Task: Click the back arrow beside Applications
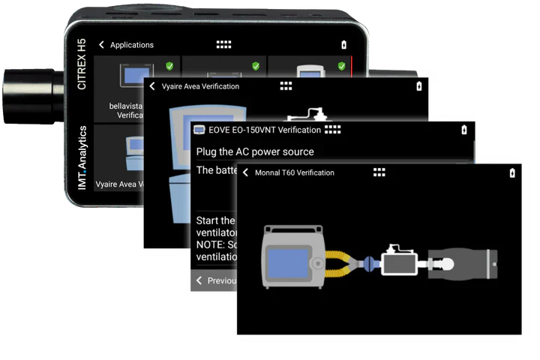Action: [102, 45]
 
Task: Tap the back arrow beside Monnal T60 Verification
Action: [245, 172]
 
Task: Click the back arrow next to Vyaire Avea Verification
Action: [152, 86]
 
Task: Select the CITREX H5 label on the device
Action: [82, 64]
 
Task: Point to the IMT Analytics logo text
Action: [82, 157]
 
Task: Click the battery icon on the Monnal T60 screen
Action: [512, 172]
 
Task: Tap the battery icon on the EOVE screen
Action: [463, 130]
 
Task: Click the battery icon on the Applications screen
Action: [344, 45]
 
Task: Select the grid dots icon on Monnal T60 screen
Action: [379, 172]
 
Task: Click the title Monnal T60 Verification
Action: [295, 172]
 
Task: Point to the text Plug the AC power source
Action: [255, 151]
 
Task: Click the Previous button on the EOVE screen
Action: [217, 280]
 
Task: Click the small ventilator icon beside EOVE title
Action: [199, 130]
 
